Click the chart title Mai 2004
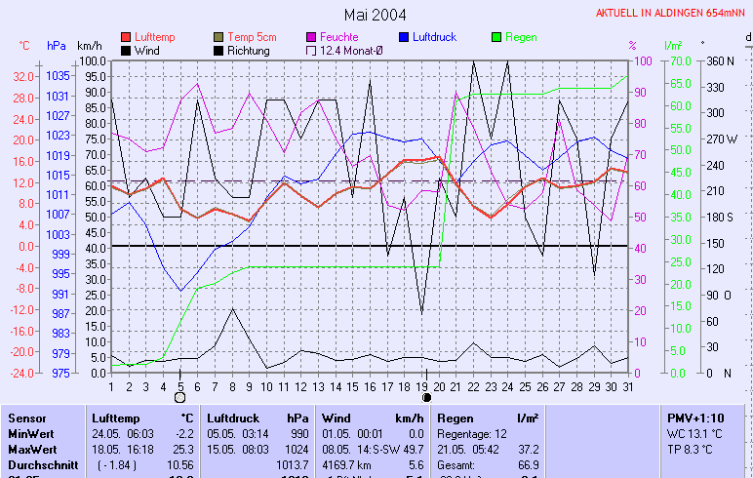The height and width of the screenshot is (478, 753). point(376,15)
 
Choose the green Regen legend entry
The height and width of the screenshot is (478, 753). point(520,37)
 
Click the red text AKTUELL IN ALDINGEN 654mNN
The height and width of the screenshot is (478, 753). point(671,14)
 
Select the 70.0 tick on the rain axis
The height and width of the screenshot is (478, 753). point(678,60)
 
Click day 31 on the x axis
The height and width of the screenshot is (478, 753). point(627,387)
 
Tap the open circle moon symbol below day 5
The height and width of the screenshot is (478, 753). point(179,398)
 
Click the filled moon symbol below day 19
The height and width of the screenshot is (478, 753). point(425,398)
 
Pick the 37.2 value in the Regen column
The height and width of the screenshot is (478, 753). point(528,449)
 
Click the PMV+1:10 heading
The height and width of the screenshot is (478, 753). point(694,418)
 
